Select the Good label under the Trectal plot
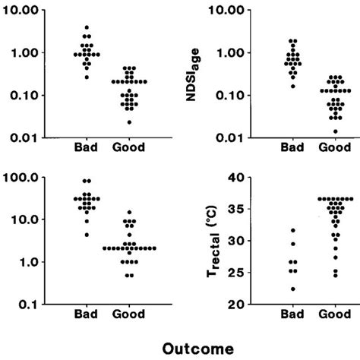(x=333, y=314)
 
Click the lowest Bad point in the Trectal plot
(x=293, y=289)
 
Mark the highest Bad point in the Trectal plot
(x=293, y=230)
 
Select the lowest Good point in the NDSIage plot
(x=335, y=131)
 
